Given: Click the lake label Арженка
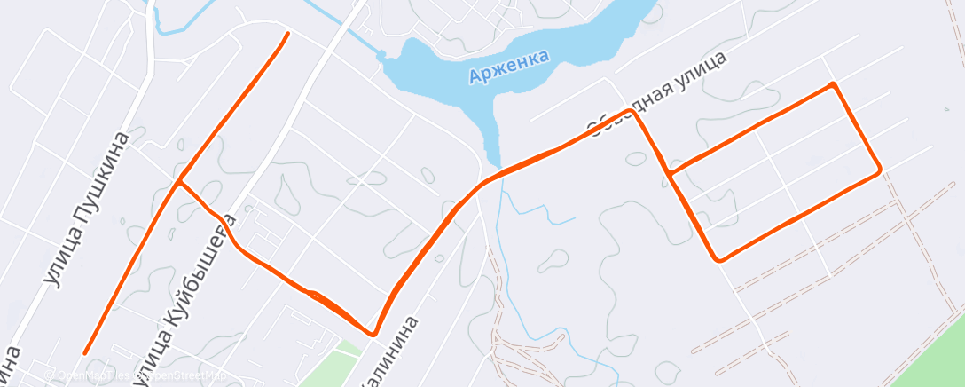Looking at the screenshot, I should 509,67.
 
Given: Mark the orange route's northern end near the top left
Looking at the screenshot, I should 287,34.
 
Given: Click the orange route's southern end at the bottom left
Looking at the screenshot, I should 85,352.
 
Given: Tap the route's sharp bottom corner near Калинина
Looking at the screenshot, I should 373,334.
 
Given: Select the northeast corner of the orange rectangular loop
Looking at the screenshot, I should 832,85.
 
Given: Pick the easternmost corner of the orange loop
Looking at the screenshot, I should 879,169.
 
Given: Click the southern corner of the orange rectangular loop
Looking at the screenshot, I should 720,259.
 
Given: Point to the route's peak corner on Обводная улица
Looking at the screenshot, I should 632,111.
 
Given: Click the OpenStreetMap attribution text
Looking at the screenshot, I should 133,376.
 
